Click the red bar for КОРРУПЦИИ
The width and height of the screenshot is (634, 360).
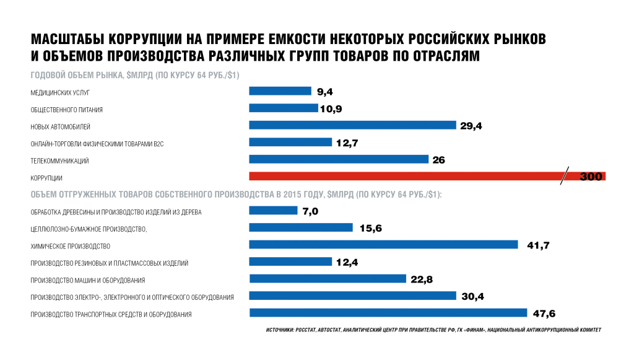coord(402,177)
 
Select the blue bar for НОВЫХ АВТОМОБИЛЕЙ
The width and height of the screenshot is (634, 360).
coord(352,125)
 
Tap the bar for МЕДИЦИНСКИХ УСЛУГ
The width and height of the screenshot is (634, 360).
coord(280,91)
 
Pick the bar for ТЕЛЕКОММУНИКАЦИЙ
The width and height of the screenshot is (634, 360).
coord(339,159)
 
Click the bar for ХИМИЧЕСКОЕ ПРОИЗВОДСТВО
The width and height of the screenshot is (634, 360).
coord(383,245)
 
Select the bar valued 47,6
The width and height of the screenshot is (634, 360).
coord(388,313)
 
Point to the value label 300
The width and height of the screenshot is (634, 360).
coord(591,177)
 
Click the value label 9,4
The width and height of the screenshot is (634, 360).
coord(325,92)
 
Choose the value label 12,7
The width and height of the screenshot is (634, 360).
coord(347,143)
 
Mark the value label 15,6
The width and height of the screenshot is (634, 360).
coord(370,229)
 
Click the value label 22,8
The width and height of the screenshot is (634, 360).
coord(421,279)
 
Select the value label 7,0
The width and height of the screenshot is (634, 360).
coord(310,211)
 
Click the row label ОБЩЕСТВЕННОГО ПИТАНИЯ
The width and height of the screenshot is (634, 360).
coord(67,110)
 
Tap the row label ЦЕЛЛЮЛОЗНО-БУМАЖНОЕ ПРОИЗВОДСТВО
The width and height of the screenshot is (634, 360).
coord(89,229)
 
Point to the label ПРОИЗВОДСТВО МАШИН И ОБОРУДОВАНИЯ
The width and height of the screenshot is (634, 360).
coord(88,280)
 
